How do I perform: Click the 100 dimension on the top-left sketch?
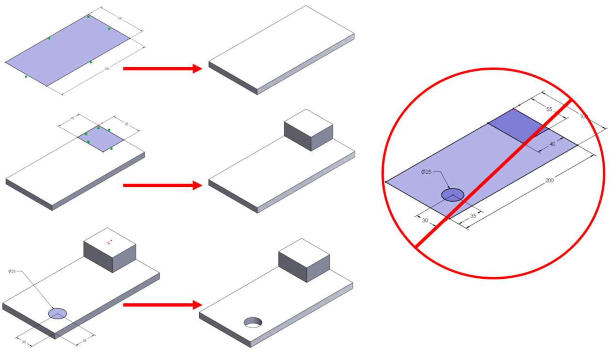click(x=120, y=18)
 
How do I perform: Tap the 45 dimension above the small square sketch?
click(x=73, y=118)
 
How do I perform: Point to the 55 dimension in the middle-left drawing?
click(x=126, y=124)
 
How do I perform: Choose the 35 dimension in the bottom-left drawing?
click(x=84, y=341)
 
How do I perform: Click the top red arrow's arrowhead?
click(x=197, y=69)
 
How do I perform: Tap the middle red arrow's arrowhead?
click(x=197, y=185)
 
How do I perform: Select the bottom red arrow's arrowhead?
click(x=197, y=305)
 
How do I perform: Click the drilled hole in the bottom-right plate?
click(x=252, y=322)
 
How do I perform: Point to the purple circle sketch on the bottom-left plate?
click(x=57, y=313)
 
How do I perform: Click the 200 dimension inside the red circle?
click(x=549, y=180)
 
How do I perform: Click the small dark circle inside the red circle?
click(x=453, y=195)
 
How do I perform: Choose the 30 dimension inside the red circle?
click(x=425, y=220)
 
